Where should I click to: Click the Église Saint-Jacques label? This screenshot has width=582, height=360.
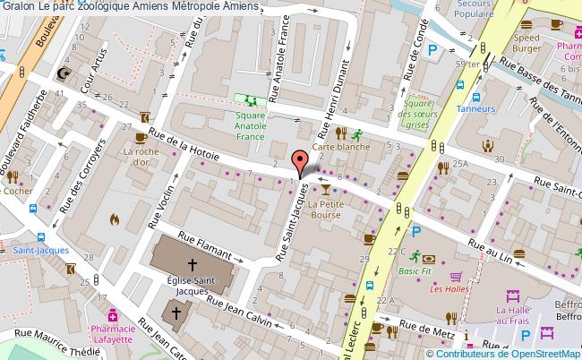pos(192,286)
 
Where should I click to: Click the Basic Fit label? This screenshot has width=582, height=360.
pos(415,270)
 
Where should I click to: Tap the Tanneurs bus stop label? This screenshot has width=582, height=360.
pos(475,108)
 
